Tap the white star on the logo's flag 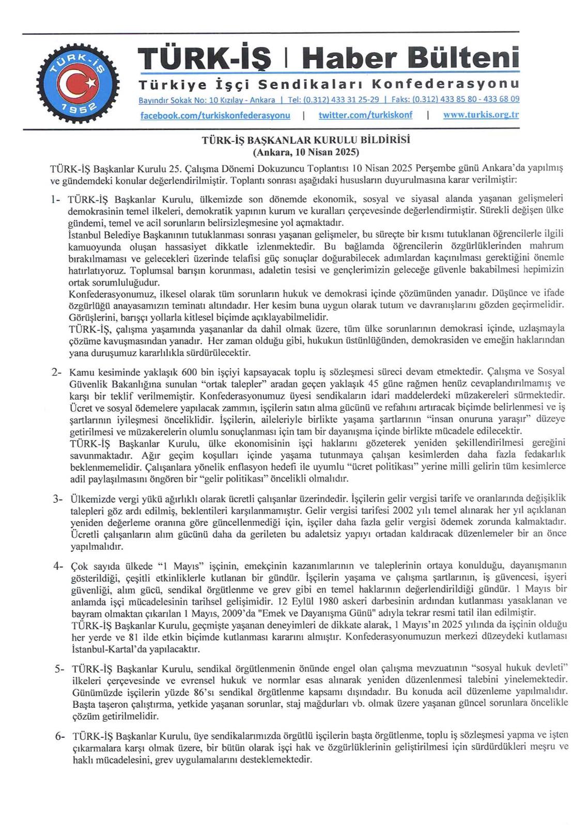click(91, 83)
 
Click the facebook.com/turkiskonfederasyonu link click(215, 115)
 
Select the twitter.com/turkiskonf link click(365, 115)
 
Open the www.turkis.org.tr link click(481, 115)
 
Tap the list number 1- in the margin click(56, 199)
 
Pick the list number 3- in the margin click(57, 499)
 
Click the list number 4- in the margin click(58, 566)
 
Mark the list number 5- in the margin click(60, 669)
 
